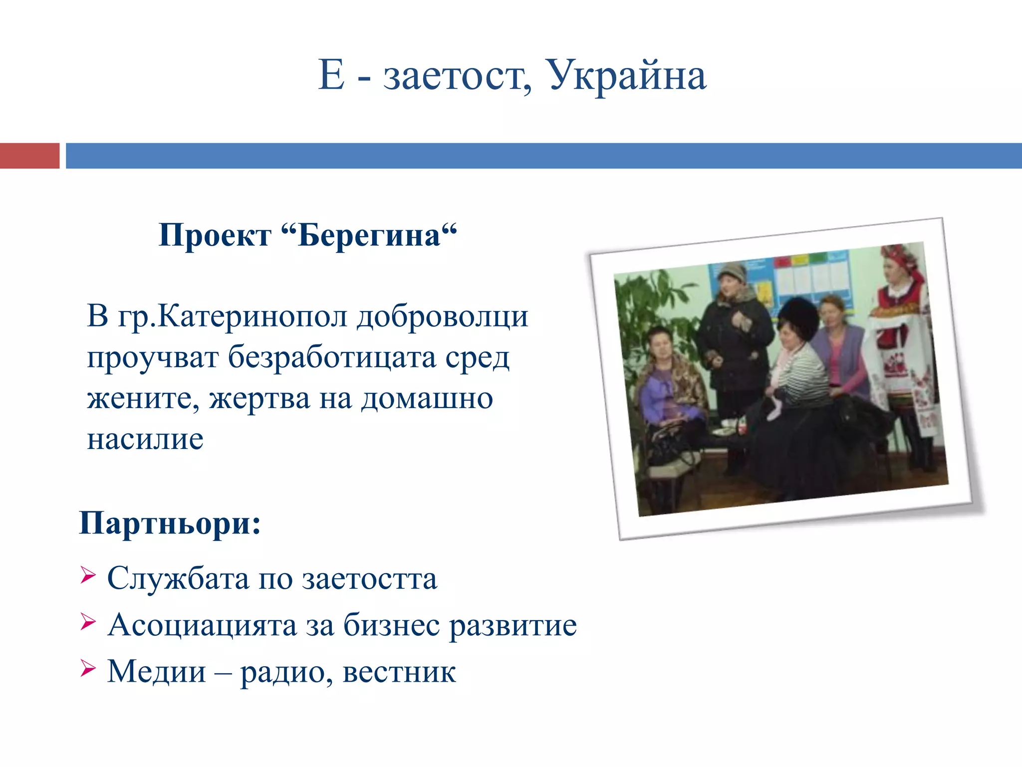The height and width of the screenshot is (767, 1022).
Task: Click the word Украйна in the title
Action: (628, 76)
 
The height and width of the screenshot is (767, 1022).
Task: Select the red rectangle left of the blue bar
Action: (29, 155)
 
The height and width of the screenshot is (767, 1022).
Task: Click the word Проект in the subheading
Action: (215, 235)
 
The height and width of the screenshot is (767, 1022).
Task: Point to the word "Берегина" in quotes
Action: (369, 235)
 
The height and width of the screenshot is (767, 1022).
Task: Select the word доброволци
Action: (442, 317)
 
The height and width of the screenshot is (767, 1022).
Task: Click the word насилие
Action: (145, 439)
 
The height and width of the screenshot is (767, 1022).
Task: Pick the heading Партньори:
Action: (170, 523)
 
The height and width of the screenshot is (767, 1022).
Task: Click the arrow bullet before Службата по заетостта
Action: (88, 576)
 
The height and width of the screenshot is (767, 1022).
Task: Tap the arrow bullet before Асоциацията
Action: (88, 622)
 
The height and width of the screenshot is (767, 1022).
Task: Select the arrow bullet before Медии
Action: (88, 668)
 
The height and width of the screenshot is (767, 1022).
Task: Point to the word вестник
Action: (399, 672)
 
